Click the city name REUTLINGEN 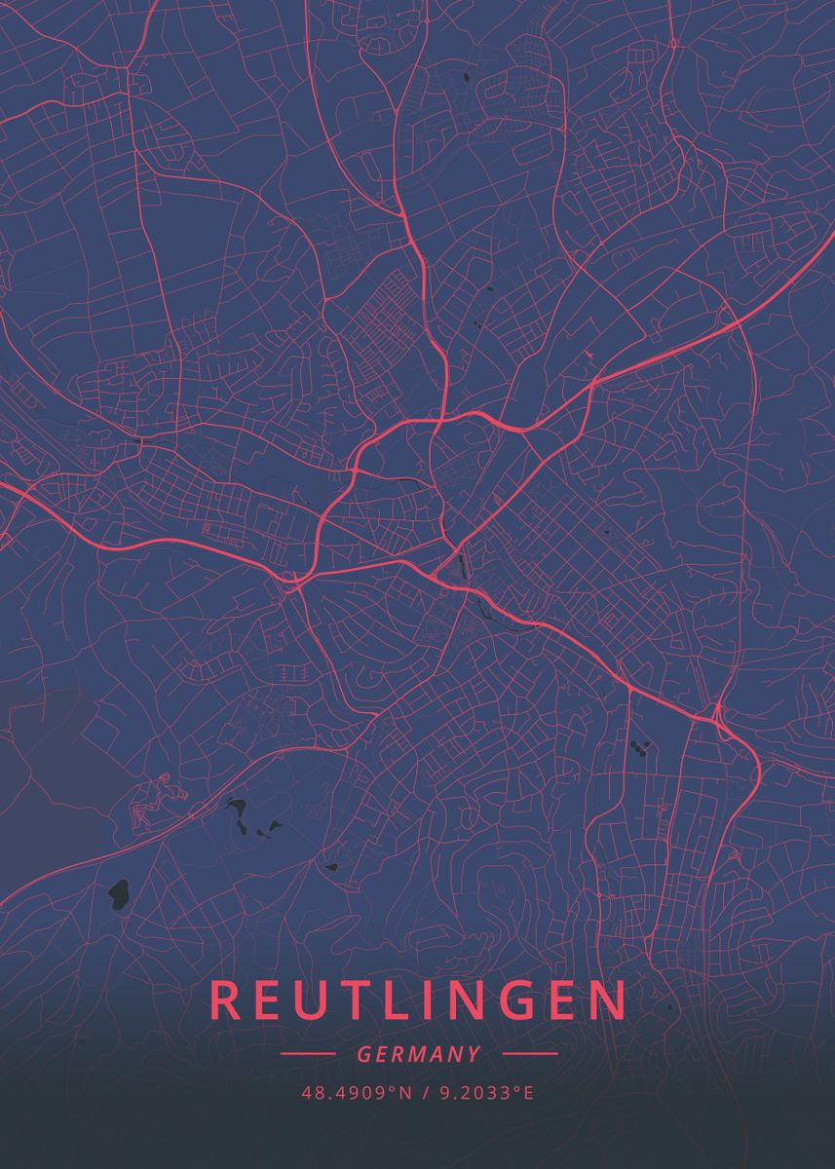click(x=418, y=1000)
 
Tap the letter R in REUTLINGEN click(x=224, y=1000)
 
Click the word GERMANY click(x=419, y=1054)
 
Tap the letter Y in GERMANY click(x=474, y=1054)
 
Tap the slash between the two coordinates click(x=427, y=1093)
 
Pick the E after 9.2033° click(x=529, y=1093)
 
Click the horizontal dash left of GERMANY click(x=307, y=1053)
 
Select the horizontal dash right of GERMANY click(x=530, y=1053)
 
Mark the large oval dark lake click(x=118, y=891)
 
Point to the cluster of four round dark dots click(x=641, y=748)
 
